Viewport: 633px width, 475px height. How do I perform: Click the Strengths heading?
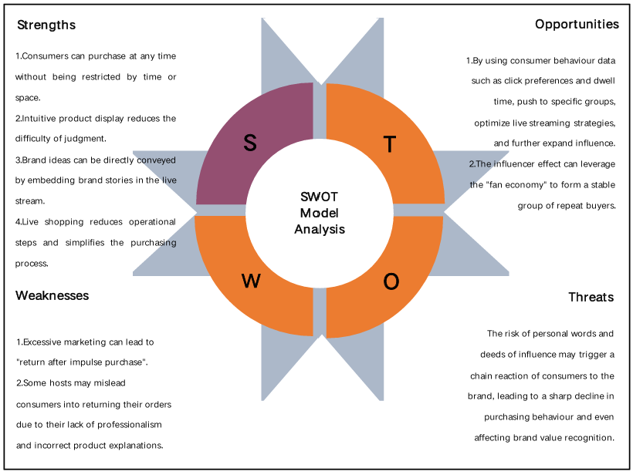pos(46,25)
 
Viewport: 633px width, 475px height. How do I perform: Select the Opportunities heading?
pos(577,24)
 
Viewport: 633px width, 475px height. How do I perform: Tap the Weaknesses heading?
pos(52,295)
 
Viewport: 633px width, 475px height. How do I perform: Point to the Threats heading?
pos(591,297)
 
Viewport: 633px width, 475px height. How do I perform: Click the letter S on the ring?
pos(249,143)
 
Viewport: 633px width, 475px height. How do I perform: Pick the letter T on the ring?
pos(390,144)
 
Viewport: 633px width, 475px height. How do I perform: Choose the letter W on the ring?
pos(251,281)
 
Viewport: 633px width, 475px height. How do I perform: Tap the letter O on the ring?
pos(391,283)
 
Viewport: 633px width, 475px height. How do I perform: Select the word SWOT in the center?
pos(320,197)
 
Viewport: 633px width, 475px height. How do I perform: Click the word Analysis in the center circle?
pos(320,229)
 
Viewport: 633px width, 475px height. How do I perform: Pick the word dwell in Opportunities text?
pos(603,80)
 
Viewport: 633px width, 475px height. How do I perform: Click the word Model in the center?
pos(320,213)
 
